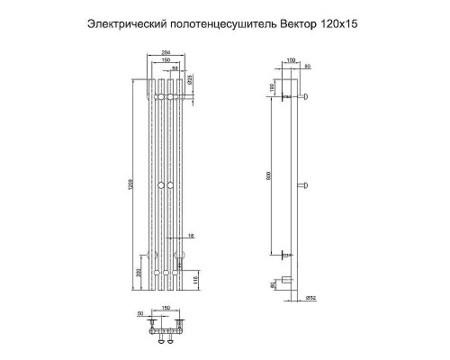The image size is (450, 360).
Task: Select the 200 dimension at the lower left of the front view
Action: pos(137,271)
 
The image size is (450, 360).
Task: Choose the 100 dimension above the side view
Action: pos(290,59)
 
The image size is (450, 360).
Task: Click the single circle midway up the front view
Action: pos(162,184)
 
